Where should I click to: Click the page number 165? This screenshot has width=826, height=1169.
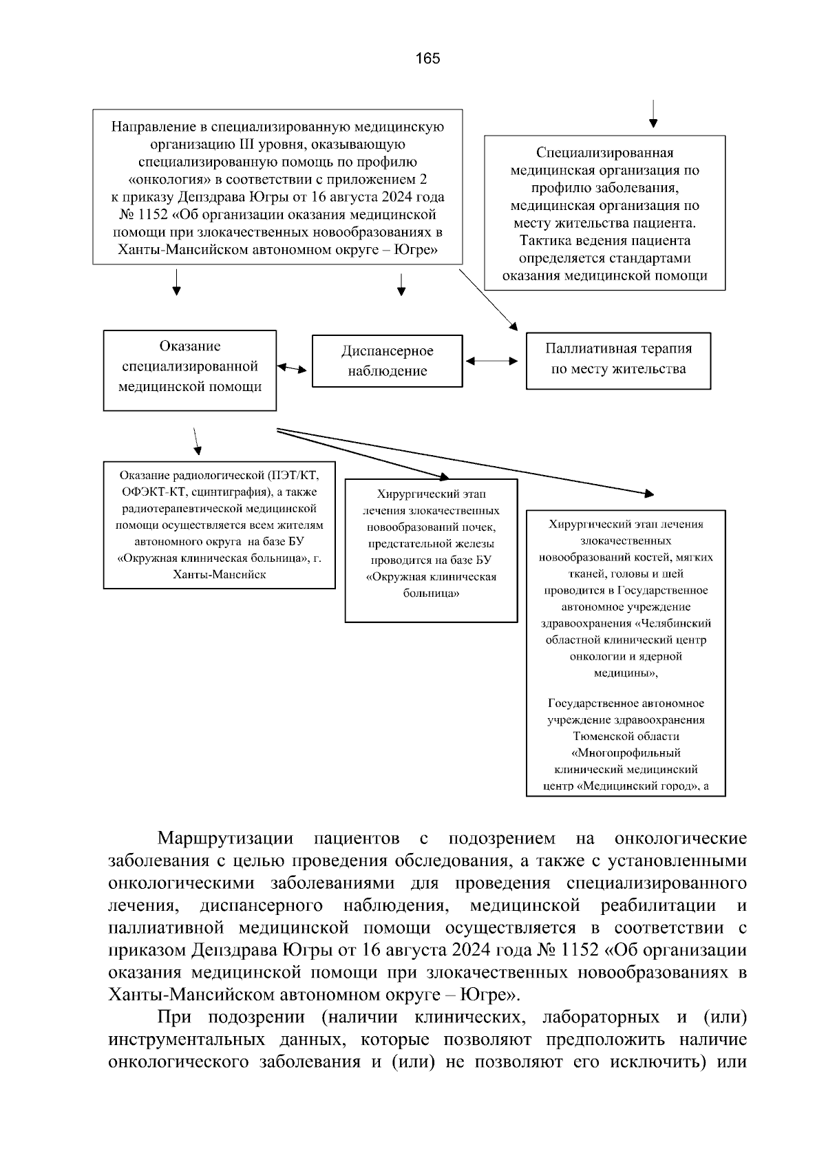point(427,59)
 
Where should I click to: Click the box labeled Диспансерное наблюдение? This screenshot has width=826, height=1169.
point(388,361)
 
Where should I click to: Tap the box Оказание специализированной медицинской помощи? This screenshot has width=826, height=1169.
point(190,370)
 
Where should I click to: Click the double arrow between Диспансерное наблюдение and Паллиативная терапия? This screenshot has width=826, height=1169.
point(492,361)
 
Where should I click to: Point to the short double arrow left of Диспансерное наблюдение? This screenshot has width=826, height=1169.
point(293,368)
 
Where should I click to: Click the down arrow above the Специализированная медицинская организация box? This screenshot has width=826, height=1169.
point(653,114)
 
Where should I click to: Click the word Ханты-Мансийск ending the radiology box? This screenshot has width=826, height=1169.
point(220,573)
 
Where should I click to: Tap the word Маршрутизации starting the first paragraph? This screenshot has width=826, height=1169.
point(225,839)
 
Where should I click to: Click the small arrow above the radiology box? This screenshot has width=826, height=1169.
point(196,441)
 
